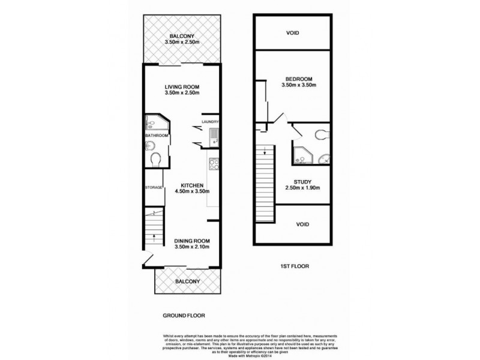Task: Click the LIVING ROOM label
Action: pos(182,87)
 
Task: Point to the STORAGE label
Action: pos(154,188)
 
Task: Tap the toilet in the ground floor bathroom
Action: pos(155,160)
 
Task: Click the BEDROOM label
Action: pos(298,79)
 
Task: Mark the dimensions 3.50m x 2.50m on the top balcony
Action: pos(182,43)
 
